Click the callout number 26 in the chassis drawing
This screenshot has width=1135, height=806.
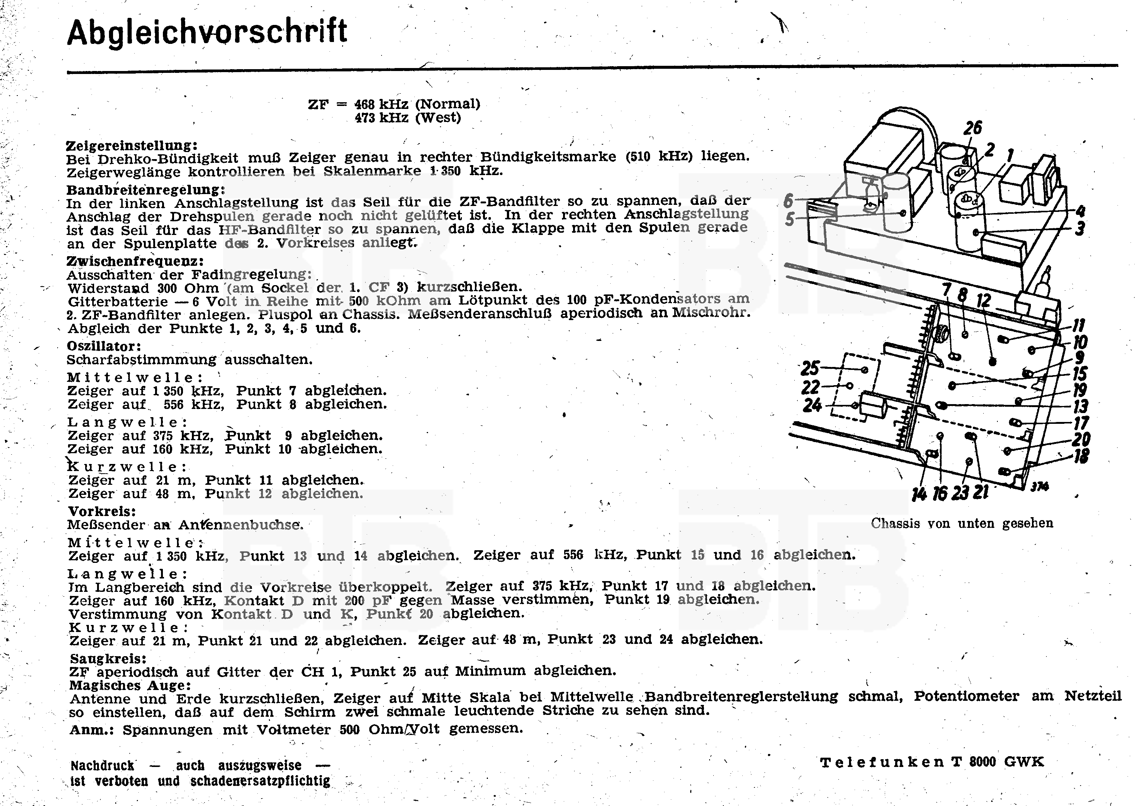click(x=972, y=128)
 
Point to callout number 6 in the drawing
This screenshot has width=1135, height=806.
click(x=788, y=201)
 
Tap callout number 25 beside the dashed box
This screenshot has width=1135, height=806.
click(x=810, y=368)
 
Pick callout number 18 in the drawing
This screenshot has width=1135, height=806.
click(x=1081, y=456)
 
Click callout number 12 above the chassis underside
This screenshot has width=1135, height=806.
click(x=983, y=300)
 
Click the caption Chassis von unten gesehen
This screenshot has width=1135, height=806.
click(x=962, y=523)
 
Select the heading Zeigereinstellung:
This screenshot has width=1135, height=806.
click(x=132, y=145)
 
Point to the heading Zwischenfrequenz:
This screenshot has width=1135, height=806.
click(x=135, y=261)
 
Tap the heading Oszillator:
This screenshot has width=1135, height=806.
click(x=104, y=346)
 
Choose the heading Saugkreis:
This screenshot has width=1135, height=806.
click(x=108, y=659)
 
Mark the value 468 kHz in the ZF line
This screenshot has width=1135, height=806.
click(x=381, y=104)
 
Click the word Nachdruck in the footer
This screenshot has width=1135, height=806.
click(x=102, y=765)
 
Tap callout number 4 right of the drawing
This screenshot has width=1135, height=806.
click(x=1080, y=212)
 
